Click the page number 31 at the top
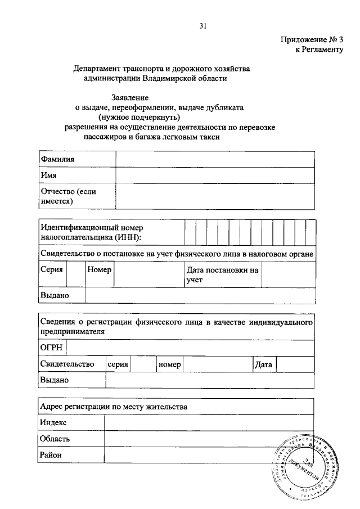(203, 25)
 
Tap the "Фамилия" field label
(57, 160)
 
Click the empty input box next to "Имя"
(215, 175)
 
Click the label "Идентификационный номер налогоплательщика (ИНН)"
(92, 232)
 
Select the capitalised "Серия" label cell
(52, 269)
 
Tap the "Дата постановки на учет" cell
(222, 274)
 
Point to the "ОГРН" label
(51, 348)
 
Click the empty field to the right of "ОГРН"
(190, 348)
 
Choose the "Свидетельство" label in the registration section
(67, 364)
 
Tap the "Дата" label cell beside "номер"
(263, 364)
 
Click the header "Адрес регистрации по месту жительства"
(114, 406)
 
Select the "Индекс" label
(53, 422)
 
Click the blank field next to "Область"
(209, 438)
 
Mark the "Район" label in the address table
(51, 454)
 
